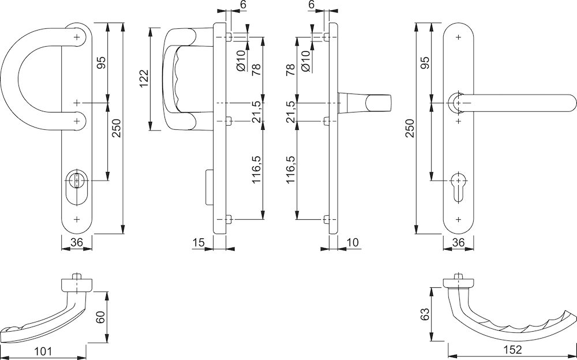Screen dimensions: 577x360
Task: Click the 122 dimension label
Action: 144,79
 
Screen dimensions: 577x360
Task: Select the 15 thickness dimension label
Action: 198,242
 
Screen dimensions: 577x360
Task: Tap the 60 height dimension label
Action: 101,317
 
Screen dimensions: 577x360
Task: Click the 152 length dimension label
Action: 512,350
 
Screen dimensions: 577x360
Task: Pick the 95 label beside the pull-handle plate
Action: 101,62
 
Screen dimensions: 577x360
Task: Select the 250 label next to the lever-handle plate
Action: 410,128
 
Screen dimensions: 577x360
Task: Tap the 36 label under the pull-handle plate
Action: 76,242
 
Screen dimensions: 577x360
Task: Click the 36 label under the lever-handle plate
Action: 458,242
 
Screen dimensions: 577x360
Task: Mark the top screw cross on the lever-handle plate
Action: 458,37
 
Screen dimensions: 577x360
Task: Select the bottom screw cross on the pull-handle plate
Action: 77,219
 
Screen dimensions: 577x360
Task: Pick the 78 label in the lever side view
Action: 290,70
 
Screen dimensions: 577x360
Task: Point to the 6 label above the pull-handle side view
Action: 243,5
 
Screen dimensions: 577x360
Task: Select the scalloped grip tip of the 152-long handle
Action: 569,317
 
